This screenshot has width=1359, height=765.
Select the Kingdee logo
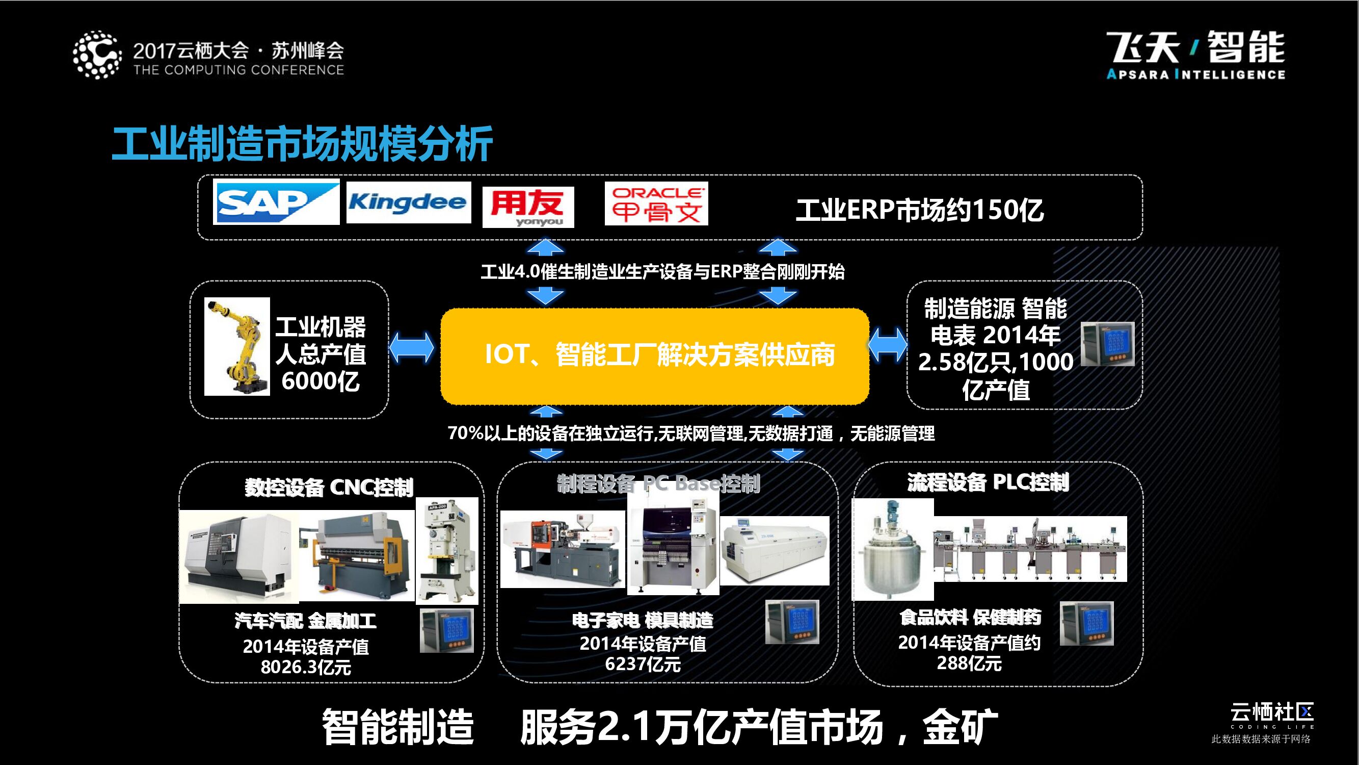coord(408,203)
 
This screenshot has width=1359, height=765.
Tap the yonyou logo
coord(528,207)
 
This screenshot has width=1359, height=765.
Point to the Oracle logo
coord(656,204)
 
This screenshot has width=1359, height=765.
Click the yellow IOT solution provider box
coord(655,356)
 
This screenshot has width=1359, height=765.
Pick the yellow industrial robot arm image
coord(237,346)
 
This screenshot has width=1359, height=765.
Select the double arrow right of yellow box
coord(888,346)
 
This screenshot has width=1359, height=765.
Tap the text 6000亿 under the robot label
coord(320,381)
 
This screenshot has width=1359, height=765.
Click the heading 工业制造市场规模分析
coord(302,144)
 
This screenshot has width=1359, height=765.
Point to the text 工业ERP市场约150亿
coord(920,210)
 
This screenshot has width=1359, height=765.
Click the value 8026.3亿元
coord(306,667)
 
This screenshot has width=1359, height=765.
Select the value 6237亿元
coord(643,664)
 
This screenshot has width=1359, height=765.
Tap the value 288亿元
coord(969,663)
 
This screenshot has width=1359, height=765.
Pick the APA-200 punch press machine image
coord(447,551)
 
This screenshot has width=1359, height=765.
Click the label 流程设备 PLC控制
coord(988,482)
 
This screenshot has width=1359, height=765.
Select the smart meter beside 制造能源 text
coord(1107,344)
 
